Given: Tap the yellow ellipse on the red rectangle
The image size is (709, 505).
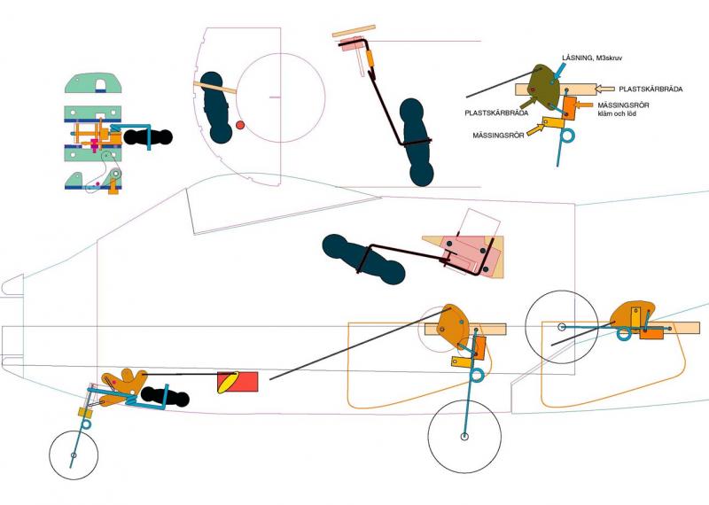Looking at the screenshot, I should [229, 382].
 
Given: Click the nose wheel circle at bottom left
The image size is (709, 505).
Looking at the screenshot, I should [74, 455].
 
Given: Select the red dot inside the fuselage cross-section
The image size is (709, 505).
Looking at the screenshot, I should [239, 126].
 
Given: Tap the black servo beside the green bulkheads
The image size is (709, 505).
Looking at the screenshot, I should [147, 136].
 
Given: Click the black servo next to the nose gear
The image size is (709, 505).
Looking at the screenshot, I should [165, 397].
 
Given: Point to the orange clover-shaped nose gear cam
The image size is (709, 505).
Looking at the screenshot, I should [121, 385].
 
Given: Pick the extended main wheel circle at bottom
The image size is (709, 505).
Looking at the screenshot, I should [465, 436].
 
